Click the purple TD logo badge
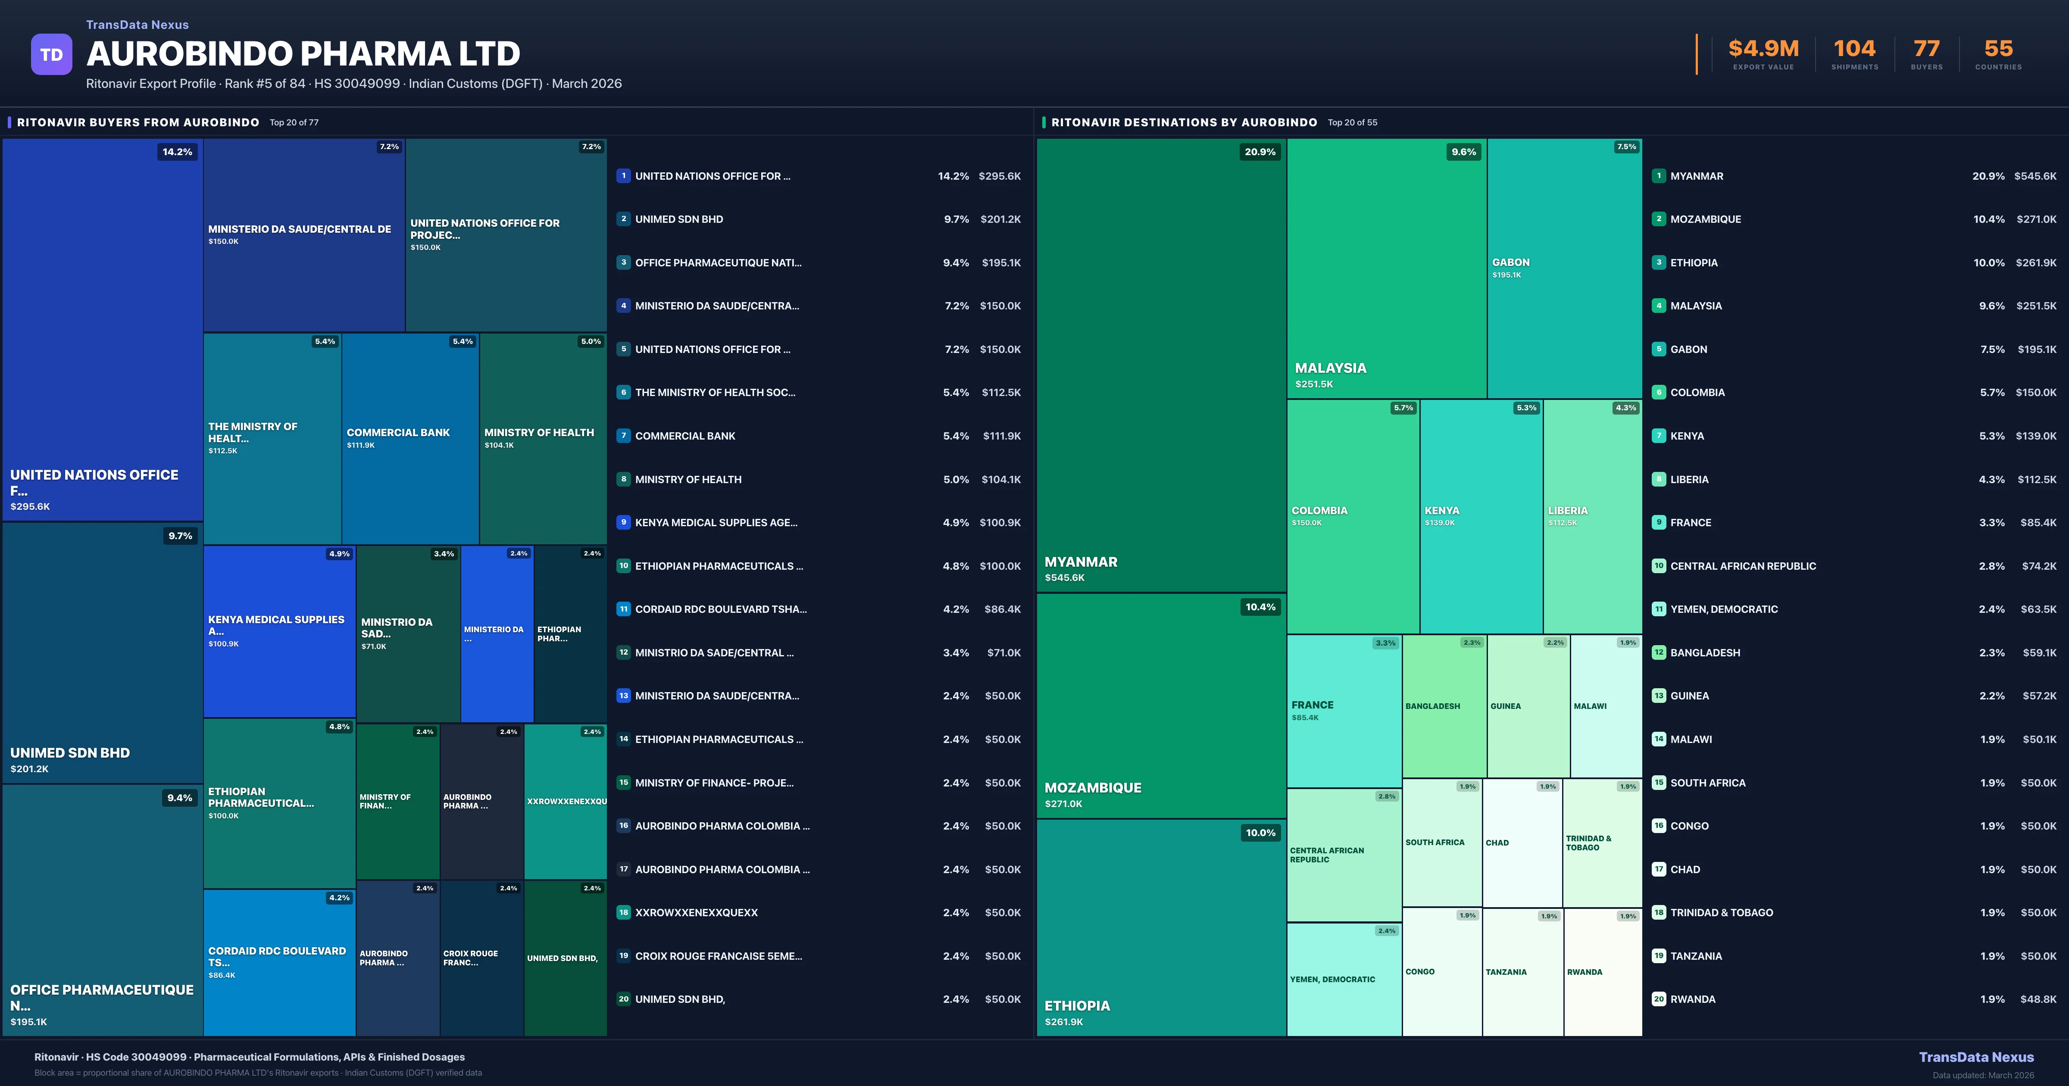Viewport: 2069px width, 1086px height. pyautogui.click(x=51, y=55)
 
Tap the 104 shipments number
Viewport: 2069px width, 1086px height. pyautogui.click(x=1854, y=49)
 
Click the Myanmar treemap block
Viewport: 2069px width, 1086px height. pyautogui.click(x=1161, y=365)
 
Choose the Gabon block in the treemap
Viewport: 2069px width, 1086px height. pyautogui.click(x=1564, y=268)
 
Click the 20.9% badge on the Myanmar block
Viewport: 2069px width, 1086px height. pyautogui.click(x=1260, y=152)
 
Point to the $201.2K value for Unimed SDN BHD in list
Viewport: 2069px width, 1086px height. pyautogui.click(x=1000, y=219)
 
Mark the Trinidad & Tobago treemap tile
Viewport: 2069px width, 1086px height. pyautogui.click(x=1602, y=843)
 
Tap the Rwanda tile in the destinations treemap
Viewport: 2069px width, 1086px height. pyautogui.click(x=1602, y=972)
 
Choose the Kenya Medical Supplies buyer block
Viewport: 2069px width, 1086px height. pyautogui.click(x=279, y=630)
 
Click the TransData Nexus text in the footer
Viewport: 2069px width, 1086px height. pyautogui.click(x=1976, y=1057)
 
